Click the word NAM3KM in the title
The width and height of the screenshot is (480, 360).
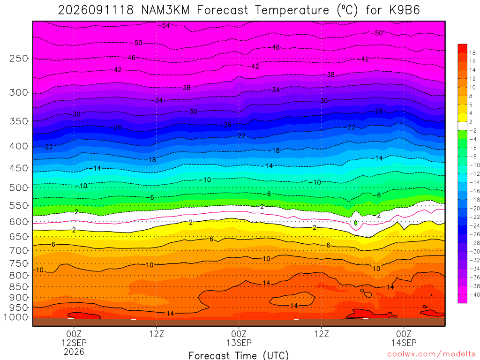pos(165,10)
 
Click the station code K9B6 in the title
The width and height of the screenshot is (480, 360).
pos(405,10)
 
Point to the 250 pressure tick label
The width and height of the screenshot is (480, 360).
pos(19,58)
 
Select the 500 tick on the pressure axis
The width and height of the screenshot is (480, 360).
pos(19,187)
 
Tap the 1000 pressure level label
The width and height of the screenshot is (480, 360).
pos(16,317)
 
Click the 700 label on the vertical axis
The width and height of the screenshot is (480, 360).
pos(19,251)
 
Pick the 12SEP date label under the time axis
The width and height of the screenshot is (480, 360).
pos(74,343)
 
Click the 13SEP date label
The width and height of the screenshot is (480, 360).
pos(239,343)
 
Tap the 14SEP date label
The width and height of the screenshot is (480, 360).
pos(404,343)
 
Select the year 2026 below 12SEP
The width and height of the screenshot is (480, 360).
pos(74,352)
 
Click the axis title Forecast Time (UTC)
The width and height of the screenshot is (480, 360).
pos(239,355)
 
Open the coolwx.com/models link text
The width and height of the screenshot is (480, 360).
pos(431,354)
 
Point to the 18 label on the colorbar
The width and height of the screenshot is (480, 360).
pos(472,53)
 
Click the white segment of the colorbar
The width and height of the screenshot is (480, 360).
pos(462,126)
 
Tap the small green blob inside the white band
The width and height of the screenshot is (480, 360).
pos(355,223)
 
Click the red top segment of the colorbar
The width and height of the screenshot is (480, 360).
pos(462,48)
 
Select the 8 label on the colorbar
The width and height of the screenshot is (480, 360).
pos(471,96)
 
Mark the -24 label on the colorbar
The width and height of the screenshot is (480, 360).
pos(474,225)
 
